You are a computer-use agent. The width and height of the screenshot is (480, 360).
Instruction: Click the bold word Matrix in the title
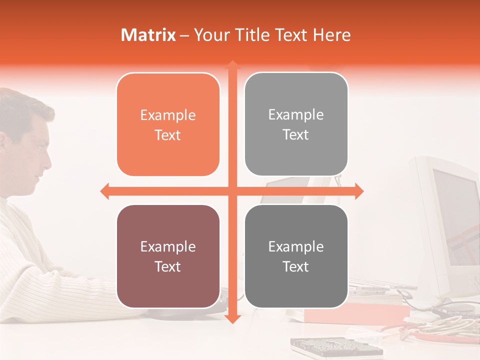coord(148,35)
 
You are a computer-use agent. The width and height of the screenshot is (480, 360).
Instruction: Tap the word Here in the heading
coord(332,35)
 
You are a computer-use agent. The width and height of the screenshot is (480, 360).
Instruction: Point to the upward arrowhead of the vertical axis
coord(232,64)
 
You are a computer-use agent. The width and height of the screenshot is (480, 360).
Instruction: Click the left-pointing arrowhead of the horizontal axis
coord(104,191)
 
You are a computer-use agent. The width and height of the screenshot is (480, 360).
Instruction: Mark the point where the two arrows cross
coord(232,191)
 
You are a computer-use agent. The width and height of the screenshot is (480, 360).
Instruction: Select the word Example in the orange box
coord(168,115)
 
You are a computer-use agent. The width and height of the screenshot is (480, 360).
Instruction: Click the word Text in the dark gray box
coord(296,267)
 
